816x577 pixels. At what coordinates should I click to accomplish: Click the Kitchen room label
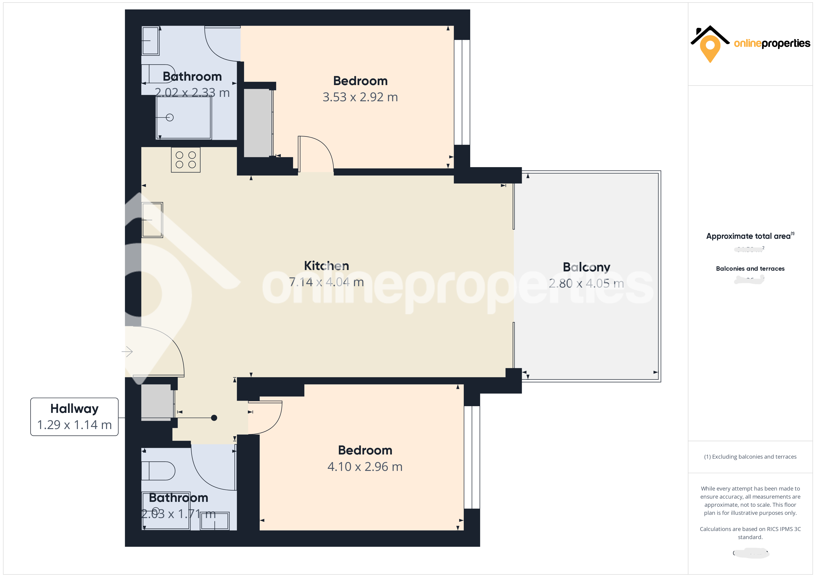326,266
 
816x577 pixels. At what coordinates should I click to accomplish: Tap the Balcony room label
586,267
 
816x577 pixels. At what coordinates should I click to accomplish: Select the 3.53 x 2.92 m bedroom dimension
360,97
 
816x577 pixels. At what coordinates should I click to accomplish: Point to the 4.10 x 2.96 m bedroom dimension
365,467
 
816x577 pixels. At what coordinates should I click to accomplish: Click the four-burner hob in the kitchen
185,160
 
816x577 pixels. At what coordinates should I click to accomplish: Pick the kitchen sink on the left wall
152,220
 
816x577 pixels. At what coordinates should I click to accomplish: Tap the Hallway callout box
74,417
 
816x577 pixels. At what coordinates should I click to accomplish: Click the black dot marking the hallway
214,418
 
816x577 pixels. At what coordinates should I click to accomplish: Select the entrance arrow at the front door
127,352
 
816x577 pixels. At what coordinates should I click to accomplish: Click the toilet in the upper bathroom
158,74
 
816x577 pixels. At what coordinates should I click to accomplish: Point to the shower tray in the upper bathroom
184,117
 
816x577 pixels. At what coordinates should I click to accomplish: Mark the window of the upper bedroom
462,92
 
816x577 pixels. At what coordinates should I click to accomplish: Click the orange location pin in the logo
710,48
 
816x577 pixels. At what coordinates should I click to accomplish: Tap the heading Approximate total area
748,236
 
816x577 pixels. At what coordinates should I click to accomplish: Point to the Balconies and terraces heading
750,269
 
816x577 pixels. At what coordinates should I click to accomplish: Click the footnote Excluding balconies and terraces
750,457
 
